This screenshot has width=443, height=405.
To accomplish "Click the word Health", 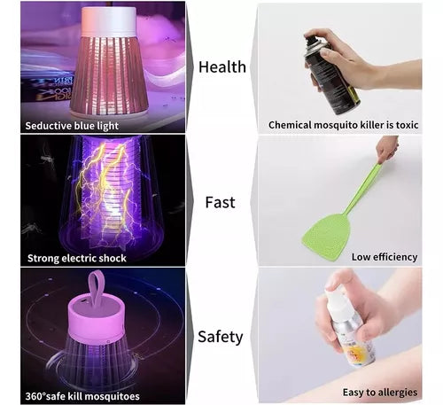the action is pyautogui.click(x=222, y=66).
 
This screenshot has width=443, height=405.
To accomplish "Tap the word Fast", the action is pyautogui.click(x=220, y=202).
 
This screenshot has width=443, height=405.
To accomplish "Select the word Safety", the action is pyautogui.click(x=221, y=337).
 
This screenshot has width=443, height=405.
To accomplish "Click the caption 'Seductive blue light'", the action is pyautogui.click(x=72, y=126).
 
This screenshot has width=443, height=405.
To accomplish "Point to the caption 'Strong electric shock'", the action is pyautogui.click(x=77, y=258).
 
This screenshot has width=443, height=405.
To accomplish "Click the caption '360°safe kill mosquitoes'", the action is pyautogui.click(x=82, y=396).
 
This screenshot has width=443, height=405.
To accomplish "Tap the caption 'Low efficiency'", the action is pyautogui.click(x=385, y=257).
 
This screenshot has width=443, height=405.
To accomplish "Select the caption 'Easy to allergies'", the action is pyautogui.click(x=380, y=393).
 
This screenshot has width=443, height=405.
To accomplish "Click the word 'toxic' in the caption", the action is pyautogui.click(x=407, y=125).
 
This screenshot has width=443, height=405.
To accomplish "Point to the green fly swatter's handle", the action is pyautogui.click(x=362, y=188).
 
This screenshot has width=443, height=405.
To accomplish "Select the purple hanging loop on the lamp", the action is pyautogui.click(x=97, y=288).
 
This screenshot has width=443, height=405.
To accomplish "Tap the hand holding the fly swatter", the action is pyautogui.click(x=387, y=148).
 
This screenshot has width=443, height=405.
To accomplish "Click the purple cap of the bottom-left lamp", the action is pyautogui.click(x=96, y=321).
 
